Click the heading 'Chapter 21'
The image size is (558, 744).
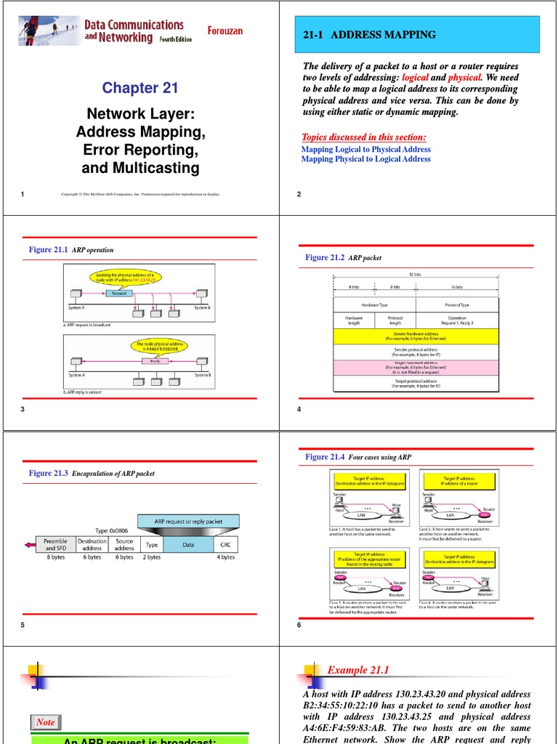(x=139, y=88)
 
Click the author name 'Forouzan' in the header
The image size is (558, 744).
(x=230, y=31)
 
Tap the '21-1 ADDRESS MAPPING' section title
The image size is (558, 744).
(x=369, y=35)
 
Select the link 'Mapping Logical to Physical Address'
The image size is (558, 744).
(x=365, y=149)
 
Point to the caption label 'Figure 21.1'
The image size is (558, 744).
(x=48, y=249)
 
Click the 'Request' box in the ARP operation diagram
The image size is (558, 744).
(x=120, y=293)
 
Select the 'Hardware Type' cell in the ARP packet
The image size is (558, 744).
(x=374, y=304)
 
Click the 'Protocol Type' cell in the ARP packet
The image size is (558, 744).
(x=457, y=304)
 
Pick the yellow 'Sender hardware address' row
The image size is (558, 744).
(x=416, y=336)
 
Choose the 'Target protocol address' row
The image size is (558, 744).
(x=416, y=383)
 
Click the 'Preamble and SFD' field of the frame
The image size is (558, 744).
(x=55, y=544)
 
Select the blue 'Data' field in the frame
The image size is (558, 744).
(x=188, y=544)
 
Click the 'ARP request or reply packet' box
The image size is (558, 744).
(x=188, y=521)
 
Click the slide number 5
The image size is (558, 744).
(x=23, y=626)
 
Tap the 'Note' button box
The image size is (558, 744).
(x=46, y=722)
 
